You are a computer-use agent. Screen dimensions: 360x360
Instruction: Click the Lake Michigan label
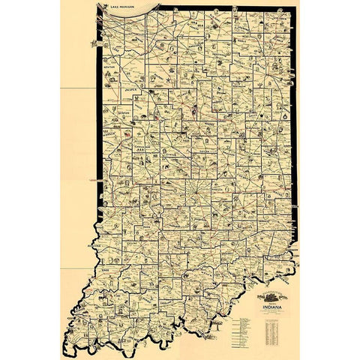click(122, 7)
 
